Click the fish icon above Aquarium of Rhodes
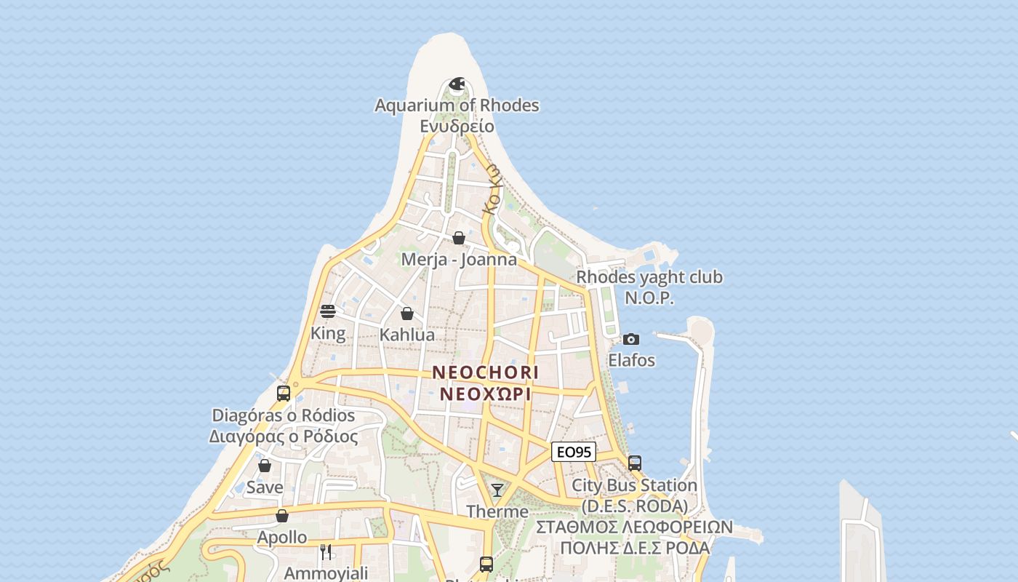click(x=457, y=84)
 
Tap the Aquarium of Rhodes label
click(x=457, y=105)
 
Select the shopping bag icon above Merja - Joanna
click(x=459, y=238)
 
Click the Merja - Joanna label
click(x=459, y=260)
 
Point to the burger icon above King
click(x=328, y=311)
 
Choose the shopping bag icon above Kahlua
click(x=407, y=314)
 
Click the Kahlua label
click(x=407, y=335)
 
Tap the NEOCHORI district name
click(x=486, y=372)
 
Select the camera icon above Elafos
click(x=631, y=339)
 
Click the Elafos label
click(x=631, y=360)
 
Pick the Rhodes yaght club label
click(x=649, y=277)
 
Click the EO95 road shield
click(x=574, y=453)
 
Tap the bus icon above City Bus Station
click(x=635, y=463)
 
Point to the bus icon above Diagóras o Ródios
click(x=284, y=393)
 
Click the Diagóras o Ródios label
click(x=284, y=415)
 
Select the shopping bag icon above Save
click(x=265, y=466)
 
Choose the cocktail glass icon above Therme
click(x=497, y=490)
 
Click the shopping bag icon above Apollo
click(x=282, y=516)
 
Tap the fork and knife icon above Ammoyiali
click(x=326, y=552)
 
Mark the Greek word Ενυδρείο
click(x=457, y=127)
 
